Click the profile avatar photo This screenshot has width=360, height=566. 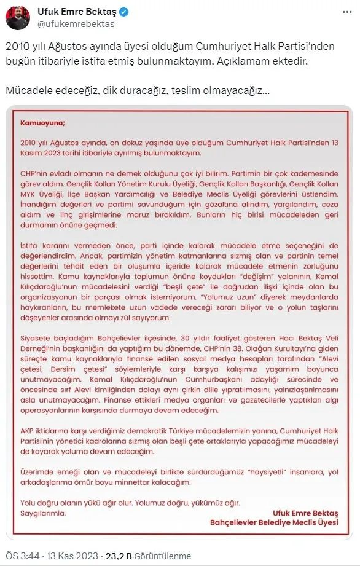pos(18,18)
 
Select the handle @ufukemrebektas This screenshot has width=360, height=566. pos(76,25)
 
